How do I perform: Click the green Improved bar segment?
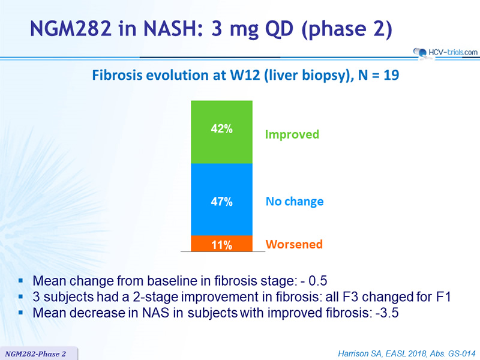[x=221, y=132]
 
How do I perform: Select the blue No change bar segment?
[x=221, y=199]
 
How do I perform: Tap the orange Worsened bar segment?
[x=221, y=244]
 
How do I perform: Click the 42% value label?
[x=221, y=128]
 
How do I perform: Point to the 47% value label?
[x=221, y=202]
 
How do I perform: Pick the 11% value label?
[x=221, y=245]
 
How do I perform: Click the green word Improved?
[x=292, y=134]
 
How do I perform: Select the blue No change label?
[x=295, y=202]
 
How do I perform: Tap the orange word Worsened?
[x=294, y=244]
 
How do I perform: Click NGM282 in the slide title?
[x=71, y=28]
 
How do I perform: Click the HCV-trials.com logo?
[x=446, y=52]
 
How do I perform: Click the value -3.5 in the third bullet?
[x=387, y=313]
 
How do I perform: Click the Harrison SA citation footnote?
[x=407, y=353]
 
